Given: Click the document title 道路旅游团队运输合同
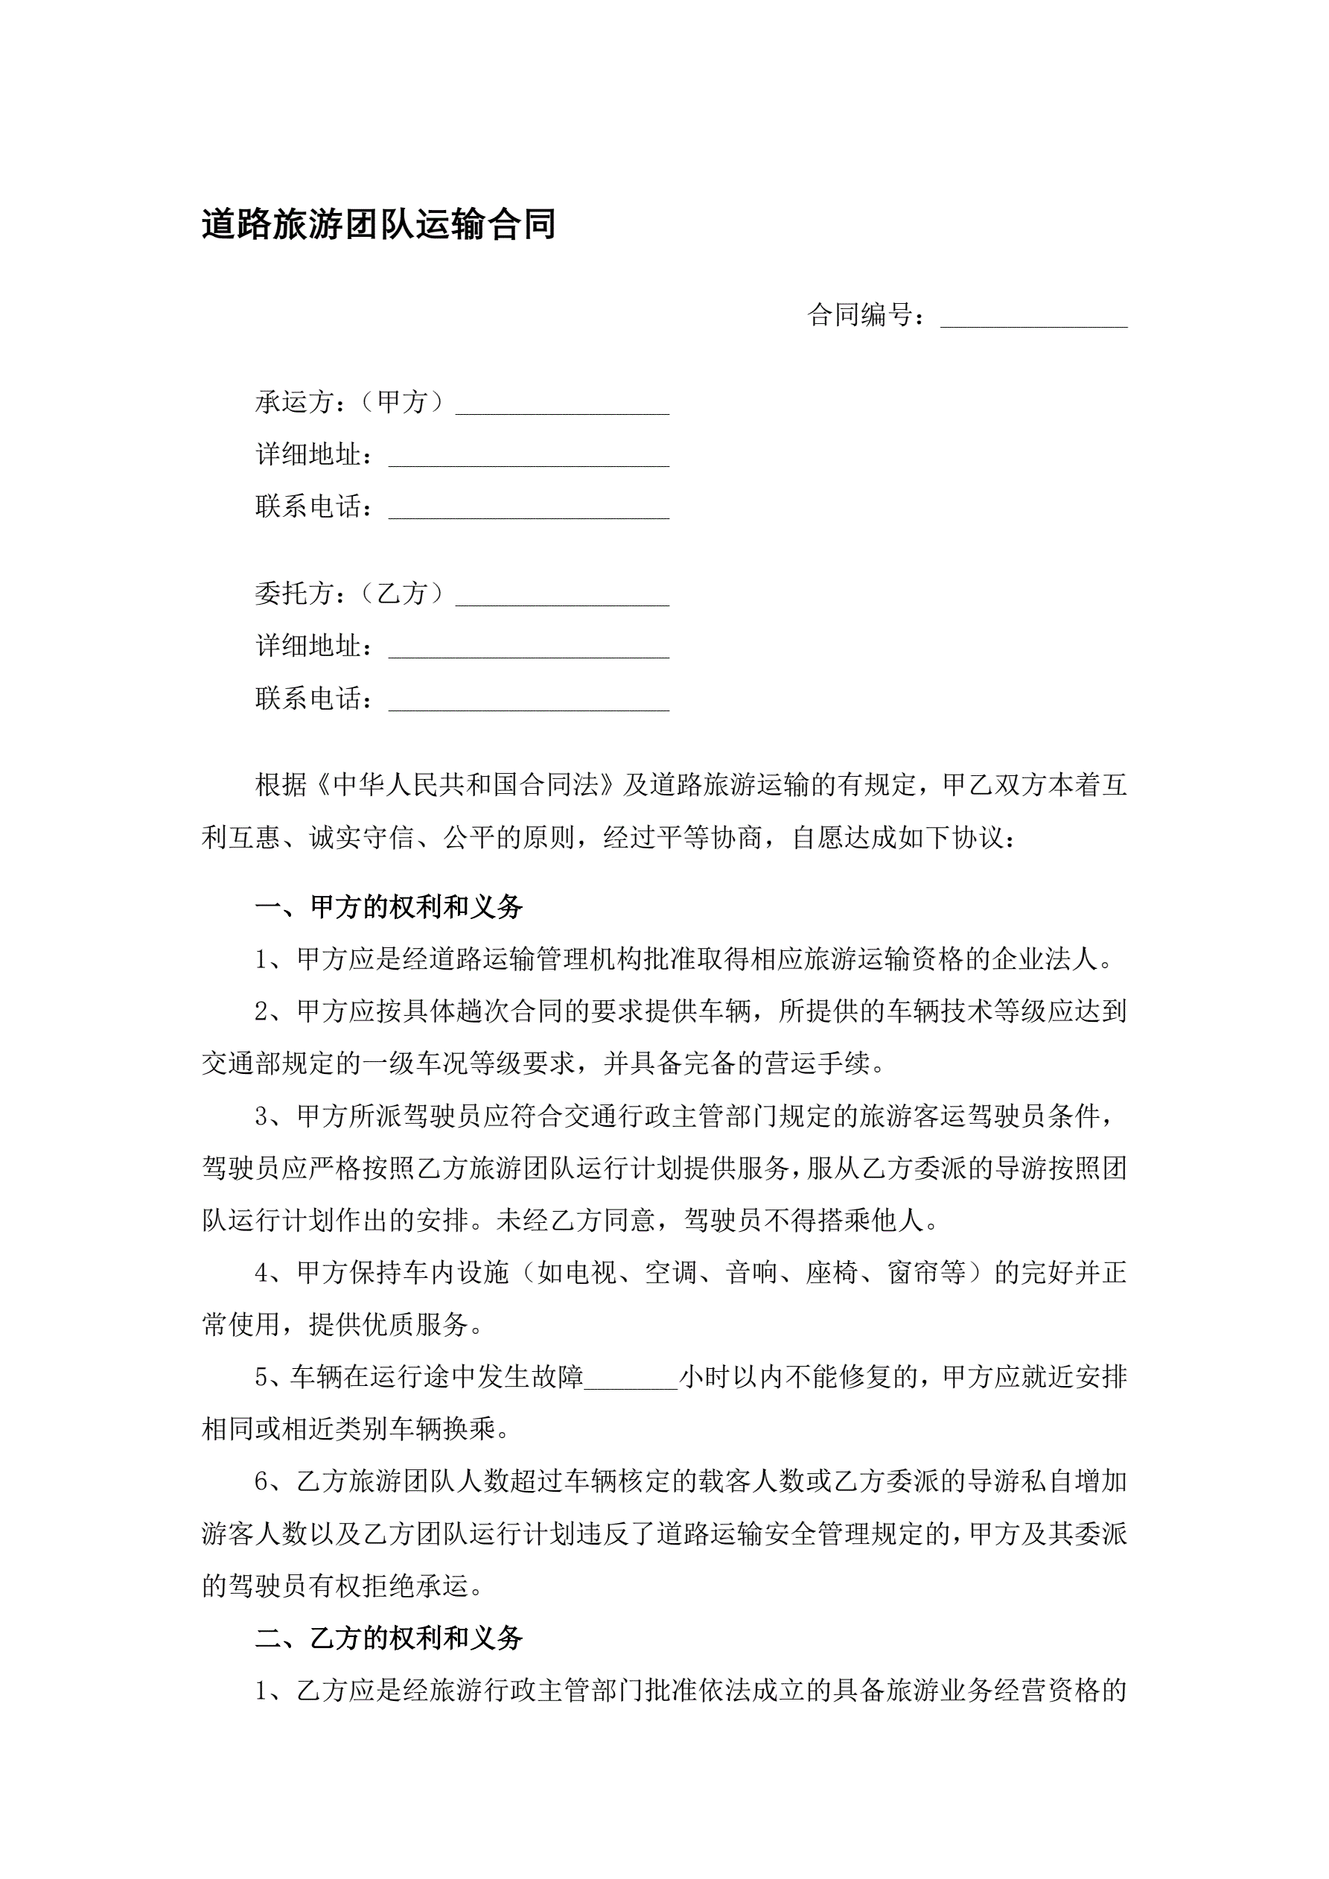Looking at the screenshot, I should point(379,224).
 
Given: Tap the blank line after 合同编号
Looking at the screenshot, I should point(1033,318).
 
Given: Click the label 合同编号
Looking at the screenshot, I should point(860,315).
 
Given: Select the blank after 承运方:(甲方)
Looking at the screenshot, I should point(562,405).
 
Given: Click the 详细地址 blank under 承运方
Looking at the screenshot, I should point(529,457).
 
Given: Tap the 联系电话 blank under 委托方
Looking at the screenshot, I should point(529,702).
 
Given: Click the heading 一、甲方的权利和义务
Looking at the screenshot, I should point(389,907).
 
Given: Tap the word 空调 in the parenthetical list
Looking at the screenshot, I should point(671,1273).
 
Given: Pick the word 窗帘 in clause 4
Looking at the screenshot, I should point(914,1273).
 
